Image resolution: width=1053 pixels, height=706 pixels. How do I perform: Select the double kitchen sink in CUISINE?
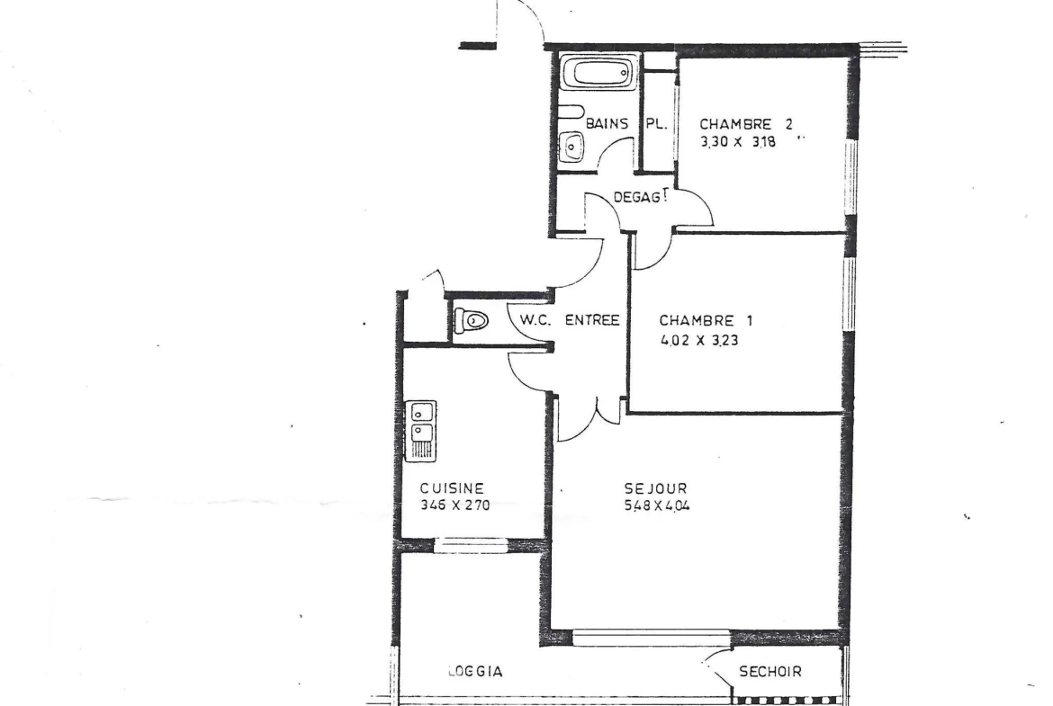421,431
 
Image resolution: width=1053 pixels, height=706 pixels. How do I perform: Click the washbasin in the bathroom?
571,147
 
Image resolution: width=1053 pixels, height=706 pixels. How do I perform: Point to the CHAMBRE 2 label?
746,124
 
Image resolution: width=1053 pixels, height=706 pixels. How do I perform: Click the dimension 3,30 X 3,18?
738,142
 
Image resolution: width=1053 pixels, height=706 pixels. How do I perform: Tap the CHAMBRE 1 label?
706,321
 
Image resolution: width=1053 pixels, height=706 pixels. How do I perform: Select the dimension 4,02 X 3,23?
700,340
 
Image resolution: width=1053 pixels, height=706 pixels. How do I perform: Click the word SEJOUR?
656,488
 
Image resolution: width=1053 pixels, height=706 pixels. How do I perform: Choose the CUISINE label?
452,488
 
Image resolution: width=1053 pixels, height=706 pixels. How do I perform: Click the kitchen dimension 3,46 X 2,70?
455,505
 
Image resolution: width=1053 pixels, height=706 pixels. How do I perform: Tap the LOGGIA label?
475,671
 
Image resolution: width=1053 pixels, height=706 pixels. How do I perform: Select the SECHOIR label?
770,671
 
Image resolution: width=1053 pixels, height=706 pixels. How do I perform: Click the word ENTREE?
591,320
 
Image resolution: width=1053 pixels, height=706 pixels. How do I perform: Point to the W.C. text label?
535,320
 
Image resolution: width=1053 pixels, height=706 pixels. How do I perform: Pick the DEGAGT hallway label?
641,197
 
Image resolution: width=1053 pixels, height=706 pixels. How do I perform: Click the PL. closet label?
656,124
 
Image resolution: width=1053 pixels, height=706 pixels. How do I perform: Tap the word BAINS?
607,123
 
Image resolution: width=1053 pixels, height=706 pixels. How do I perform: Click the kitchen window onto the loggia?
472,545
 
